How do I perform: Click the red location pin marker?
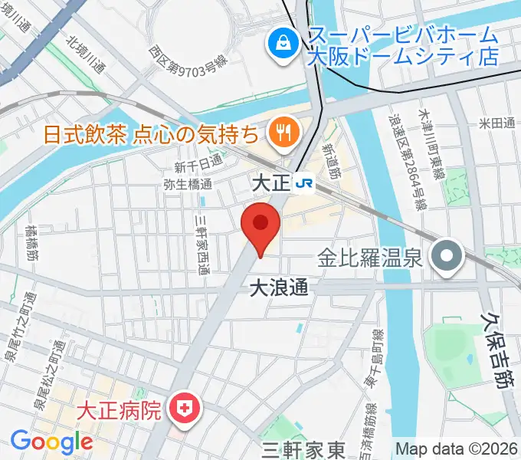click(x=260, y=225)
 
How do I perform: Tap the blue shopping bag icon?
click(x=283, y=41)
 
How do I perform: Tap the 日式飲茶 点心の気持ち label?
click(x=150, y=134)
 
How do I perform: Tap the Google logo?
click(x=51, y=442)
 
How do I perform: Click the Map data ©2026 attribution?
click(x=457, y=449)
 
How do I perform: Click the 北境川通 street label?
click(x=85, y=53)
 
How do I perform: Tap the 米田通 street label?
click(x=497, y=123)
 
